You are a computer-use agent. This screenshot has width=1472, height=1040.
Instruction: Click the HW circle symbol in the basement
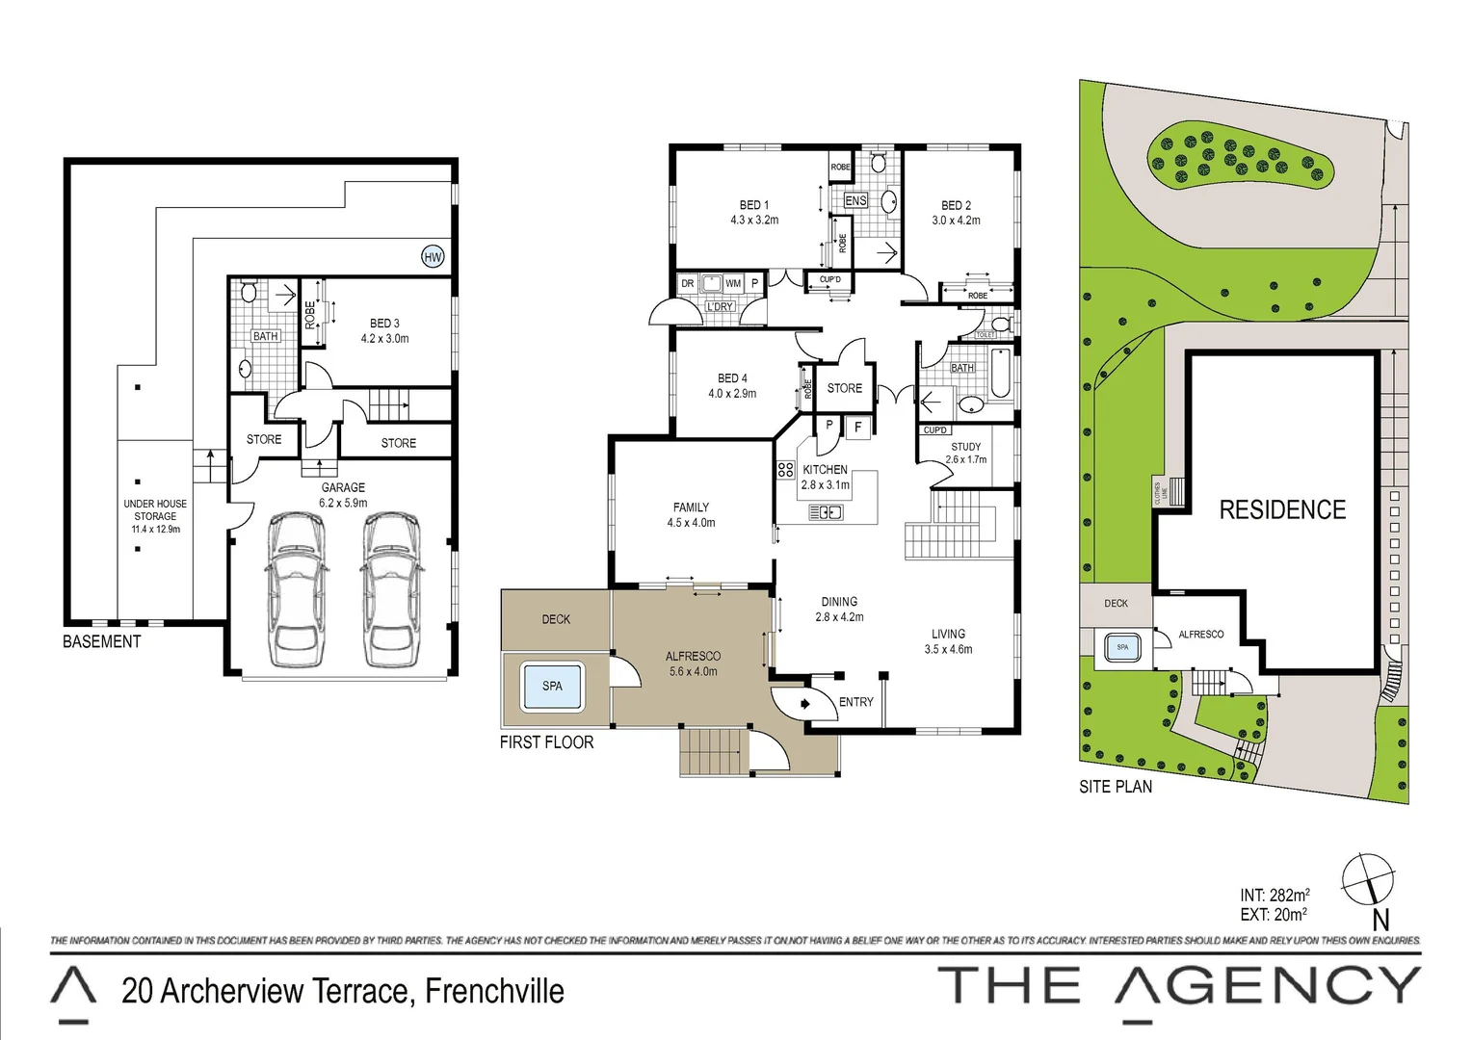pos(433,256)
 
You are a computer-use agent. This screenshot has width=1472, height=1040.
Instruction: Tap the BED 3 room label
pos(384,324)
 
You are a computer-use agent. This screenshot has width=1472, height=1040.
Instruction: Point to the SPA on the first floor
pos(552,686)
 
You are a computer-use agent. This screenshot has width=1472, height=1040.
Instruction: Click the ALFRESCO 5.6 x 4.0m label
pos(693,663)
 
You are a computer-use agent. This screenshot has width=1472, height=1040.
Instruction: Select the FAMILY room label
pos(691,507)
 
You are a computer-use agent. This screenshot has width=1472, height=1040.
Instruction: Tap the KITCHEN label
pos(825,470)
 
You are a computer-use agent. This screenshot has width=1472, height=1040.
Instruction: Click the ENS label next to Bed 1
pos(855,200)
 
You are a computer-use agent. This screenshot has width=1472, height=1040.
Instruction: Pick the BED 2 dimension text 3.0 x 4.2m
pos(956,221)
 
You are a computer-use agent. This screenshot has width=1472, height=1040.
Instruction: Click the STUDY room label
pos(965,447)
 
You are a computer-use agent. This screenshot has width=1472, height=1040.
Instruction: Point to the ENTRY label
pos(855,702)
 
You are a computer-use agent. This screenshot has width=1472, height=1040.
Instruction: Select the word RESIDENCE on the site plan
pos(1282,510)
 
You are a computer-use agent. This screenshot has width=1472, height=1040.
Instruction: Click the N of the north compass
pos(1380,920)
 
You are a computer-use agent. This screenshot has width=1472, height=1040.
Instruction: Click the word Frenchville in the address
pos(494,991)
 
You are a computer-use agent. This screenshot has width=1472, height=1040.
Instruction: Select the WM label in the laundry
pos(733,283)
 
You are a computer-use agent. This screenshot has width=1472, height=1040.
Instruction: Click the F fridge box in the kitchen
pos(857,427)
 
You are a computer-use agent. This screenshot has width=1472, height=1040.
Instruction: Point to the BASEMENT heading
pos(101,641)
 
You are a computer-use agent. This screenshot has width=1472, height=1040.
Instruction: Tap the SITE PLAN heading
pos(1115,787)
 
